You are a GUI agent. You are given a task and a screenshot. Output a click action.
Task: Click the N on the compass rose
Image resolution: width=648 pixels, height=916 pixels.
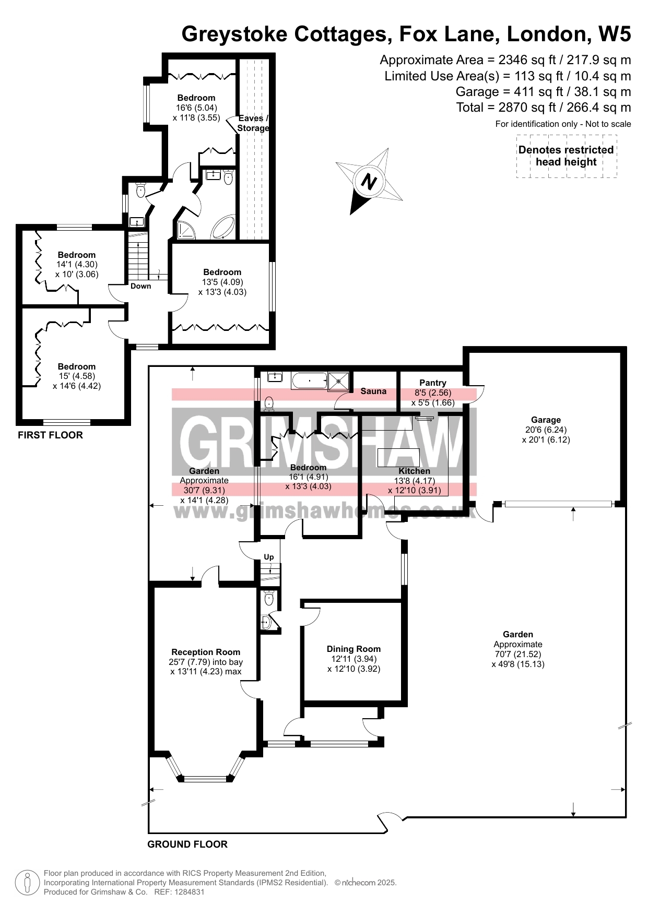click(369, 182)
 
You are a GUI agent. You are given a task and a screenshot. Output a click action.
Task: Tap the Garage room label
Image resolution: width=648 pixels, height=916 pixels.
click(546, 420)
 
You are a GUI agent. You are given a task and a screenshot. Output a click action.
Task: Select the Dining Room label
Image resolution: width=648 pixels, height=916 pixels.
click(354, 649)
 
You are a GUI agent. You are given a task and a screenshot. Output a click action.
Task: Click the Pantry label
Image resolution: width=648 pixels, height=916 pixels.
click(433, 383)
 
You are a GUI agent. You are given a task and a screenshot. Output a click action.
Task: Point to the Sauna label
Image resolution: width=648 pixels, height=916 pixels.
click(373, 391)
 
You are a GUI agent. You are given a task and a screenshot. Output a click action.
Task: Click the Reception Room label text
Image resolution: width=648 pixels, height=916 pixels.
click(206, 652)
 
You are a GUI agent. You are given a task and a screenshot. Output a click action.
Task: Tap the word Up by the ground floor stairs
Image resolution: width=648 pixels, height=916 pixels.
click(269, 557)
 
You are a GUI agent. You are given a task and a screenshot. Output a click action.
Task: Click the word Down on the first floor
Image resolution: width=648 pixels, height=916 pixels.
click(141, 286)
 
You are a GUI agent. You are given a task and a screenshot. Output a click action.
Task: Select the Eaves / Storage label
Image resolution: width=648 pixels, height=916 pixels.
click(253, 123)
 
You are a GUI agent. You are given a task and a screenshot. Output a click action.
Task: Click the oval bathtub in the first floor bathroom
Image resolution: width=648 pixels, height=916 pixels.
click(224, 227)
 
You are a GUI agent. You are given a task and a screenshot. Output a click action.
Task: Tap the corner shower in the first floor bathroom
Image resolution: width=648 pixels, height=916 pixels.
click(186, 230)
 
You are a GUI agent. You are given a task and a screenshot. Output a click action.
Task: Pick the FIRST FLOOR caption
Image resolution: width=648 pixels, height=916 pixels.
click(50, 435)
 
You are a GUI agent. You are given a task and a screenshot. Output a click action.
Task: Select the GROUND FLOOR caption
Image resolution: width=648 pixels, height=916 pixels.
click(187, 844)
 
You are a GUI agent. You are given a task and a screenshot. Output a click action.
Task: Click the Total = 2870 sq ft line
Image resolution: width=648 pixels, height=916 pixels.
click(544, 108)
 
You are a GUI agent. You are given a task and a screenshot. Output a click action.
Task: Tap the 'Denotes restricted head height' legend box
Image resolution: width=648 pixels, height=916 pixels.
click(567, 156)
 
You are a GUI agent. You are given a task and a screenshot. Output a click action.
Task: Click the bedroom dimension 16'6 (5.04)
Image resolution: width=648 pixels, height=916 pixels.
click(196, 108)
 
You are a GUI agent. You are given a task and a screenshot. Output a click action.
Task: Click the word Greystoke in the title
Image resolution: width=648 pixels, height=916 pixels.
click(234, 34)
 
